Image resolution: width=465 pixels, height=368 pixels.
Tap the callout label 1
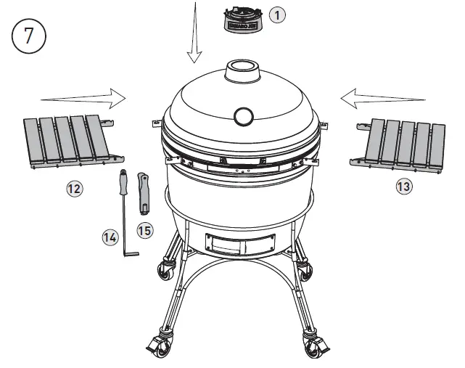coord(277,14)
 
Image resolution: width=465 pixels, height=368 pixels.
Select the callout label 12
coord(74,189)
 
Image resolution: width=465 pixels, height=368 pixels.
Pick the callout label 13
coord(403,187)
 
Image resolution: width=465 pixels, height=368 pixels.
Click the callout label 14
coord(110,237)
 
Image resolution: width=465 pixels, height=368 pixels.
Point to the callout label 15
coord(145,230)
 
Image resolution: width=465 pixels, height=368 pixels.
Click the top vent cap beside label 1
coord(242,19)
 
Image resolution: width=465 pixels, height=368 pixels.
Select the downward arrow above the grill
coord(194,36)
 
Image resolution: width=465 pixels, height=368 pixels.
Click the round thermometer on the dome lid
coord(243,115)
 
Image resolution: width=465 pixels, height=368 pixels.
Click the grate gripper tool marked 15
coord(144,192)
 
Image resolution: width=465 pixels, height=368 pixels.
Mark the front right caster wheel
coord(314,346)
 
